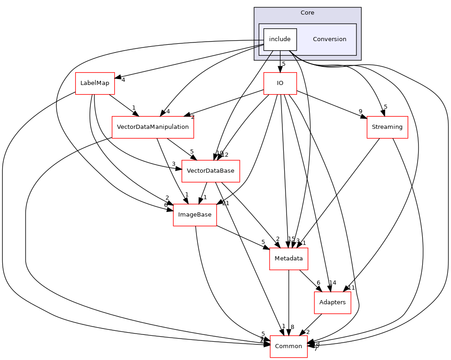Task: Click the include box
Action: (x=280, y=39)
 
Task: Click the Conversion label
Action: (x=329, y=39)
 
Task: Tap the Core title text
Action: (x=307, y=13)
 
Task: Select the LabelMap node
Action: (x=95, y=83)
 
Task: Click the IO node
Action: (x=280, y=83)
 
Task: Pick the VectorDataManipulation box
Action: (x=153, y=127)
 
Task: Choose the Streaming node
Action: (x=387, y=127)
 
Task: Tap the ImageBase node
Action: (x=195, y=215)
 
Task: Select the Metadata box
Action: (x=288, y=259)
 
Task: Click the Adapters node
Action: (x=332, y=302)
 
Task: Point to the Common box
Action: (x=288, y=346)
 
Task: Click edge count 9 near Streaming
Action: (x=361, y=111)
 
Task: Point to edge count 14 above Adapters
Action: (x=333, y=283)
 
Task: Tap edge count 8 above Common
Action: (x=292, y=327)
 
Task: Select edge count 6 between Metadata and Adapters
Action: (x=318, y=283)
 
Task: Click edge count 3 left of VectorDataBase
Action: (x=174, y=164)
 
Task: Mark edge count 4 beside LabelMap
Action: (x=123, y=80)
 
